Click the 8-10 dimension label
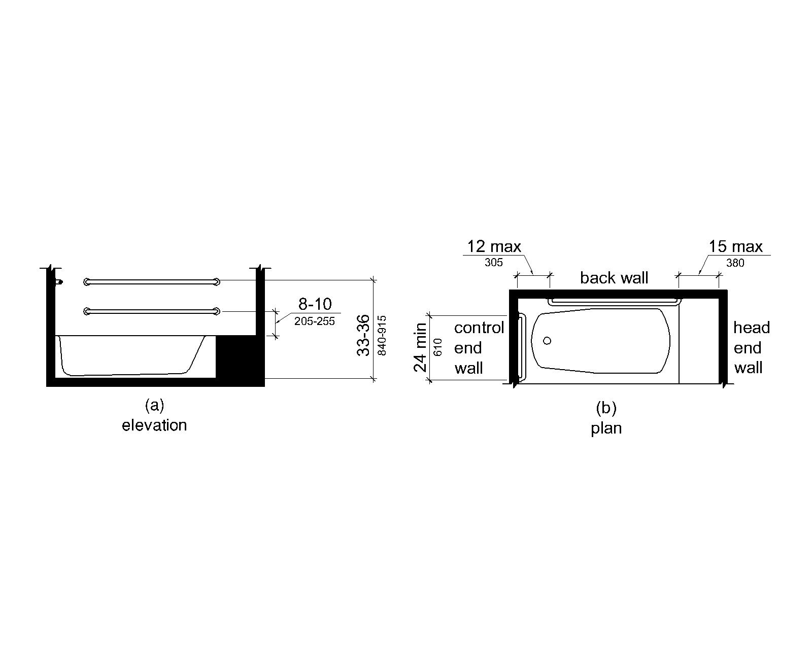[315, 304]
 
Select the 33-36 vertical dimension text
[364, 335]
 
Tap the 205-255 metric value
[314, 321]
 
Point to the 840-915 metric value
[382, 335]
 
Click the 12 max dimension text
[494, 246]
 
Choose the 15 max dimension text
[735, 246]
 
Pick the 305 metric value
[493, 263]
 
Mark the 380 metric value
[735, 263]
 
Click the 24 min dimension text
[420, 347]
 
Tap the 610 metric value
[437, 347]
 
